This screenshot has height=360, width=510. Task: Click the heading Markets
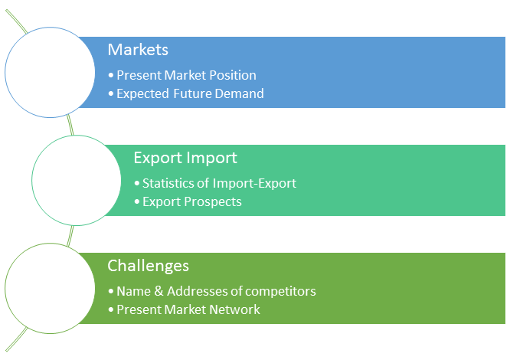pyautogui.click(x=138, y=50)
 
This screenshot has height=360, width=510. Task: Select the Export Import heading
pyautogui.click(x=185, y=159)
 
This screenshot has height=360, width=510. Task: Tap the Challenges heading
pyautogui.click(x=148, y=267)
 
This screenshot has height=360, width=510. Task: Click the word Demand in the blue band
pyautogui.click(x=240, y=93)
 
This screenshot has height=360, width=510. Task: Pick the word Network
pyautogui.click(x=235, y=309)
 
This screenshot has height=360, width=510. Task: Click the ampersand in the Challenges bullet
pyautogui.click(x=159, y=291)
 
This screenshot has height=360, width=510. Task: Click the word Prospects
pyautogui.click(x=213, y=202)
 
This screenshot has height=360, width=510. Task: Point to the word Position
pyautogui.click(x=233, y=75)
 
